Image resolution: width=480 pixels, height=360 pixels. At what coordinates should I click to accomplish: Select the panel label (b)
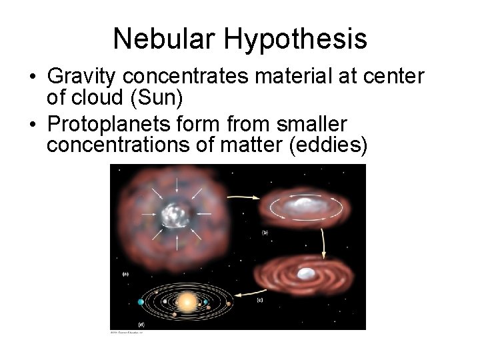265,233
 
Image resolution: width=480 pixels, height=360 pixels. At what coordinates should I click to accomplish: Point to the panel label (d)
141,324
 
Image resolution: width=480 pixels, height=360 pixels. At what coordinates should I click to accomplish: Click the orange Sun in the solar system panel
187,303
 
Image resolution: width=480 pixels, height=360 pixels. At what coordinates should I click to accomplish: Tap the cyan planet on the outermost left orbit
141,302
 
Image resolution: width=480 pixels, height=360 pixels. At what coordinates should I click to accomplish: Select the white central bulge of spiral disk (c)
307,273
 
